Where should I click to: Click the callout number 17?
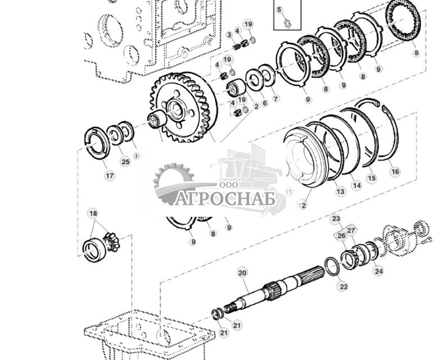click(x=109, y=176)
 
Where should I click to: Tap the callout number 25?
click(x=125, y=162)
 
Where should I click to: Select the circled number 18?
click(x=93, y=213)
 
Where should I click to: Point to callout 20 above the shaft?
click(x=242, y=273)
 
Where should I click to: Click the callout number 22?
click(x=343, y=286)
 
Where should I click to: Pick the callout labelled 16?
click(x=395, y=172)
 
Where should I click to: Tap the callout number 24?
click(x=378, y=271)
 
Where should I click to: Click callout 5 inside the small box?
click(x=279, y=10)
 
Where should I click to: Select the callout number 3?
click(x=229, y=35)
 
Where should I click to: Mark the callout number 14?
click(x=356, y=185)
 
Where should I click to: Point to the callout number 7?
click(x=275, y=99)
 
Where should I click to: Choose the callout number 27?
click(x=351, y=230)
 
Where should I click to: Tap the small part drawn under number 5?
click(x=286, y=22)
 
